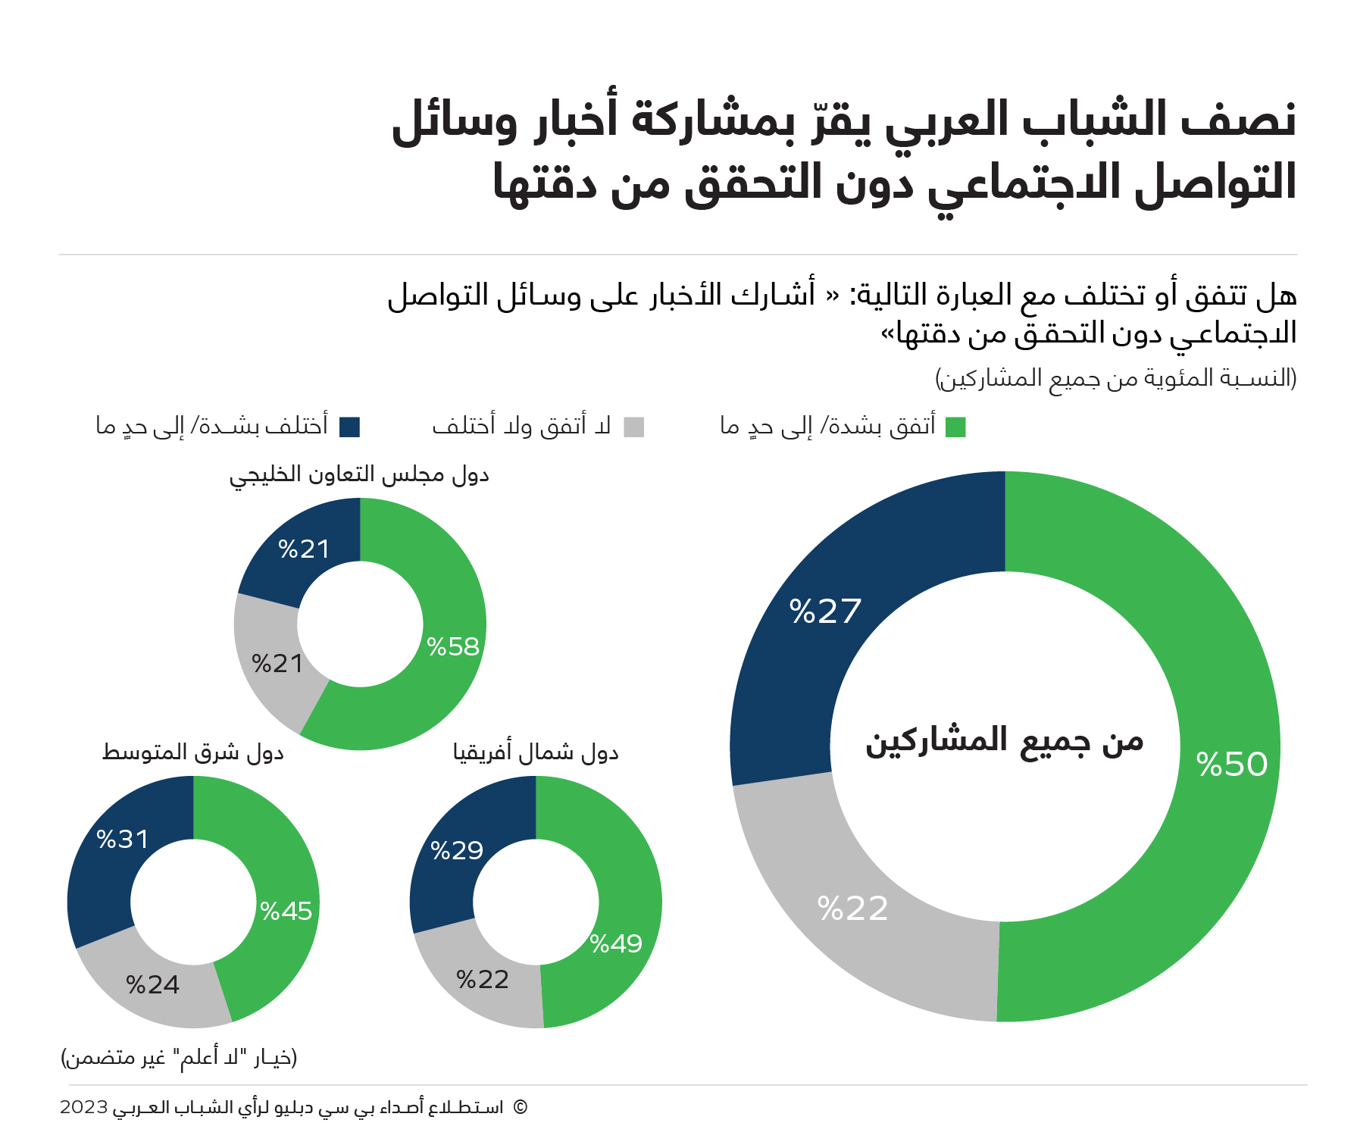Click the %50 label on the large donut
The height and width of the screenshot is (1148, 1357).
1232,764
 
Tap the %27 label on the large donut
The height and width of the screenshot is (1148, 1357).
825,612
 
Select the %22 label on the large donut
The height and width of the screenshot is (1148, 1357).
852,909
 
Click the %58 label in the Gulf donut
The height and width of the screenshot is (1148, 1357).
453,646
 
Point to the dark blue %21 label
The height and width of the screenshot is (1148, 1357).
304,549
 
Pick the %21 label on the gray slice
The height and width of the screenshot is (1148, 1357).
277,664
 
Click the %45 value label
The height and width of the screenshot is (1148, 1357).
286,911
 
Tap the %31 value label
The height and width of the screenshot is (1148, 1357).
123,840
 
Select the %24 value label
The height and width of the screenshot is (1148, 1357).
153,985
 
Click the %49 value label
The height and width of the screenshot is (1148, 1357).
616,944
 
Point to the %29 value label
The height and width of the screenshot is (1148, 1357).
457,851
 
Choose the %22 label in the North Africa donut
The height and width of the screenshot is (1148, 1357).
483,981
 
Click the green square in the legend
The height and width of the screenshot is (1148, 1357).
956,427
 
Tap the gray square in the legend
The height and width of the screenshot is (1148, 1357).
634,427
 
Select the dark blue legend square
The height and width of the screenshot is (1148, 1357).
350,427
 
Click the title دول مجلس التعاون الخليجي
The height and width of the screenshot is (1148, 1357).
359,475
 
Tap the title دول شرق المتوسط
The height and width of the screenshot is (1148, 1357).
193,752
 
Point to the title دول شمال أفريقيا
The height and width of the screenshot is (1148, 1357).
536,752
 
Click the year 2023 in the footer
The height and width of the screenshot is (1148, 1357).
84,1107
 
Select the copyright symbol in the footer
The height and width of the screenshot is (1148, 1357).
520,1107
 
